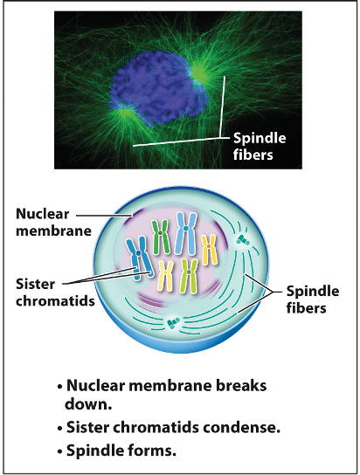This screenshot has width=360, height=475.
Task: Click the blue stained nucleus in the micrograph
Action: (157, 88)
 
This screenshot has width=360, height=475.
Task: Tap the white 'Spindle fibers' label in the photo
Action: (260, 147)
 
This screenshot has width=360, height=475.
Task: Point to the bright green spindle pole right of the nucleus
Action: (199, 73)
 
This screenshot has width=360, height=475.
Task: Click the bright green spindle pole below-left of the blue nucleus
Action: (124, 114)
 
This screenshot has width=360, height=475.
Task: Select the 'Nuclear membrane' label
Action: (53, 223)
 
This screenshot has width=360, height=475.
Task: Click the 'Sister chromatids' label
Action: (55, 293)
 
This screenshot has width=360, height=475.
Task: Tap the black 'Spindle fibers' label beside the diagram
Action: (313, 299)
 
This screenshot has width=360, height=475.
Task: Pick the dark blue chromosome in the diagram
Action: (140, 258)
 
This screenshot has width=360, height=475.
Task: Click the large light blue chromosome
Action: (186, 232)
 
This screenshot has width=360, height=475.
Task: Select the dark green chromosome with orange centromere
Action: (160, 237)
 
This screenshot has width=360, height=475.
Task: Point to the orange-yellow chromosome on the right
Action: (209, 250)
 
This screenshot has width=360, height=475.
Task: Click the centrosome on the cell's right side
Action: (243, 240)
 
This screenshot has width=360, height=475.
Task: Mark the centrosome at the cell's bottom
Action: (173, 322)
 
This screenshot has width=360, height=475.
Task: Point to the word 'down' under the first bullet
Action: (86, 403)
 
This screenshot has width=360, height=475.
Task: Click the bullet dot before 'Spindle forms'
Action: (60, 451)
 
